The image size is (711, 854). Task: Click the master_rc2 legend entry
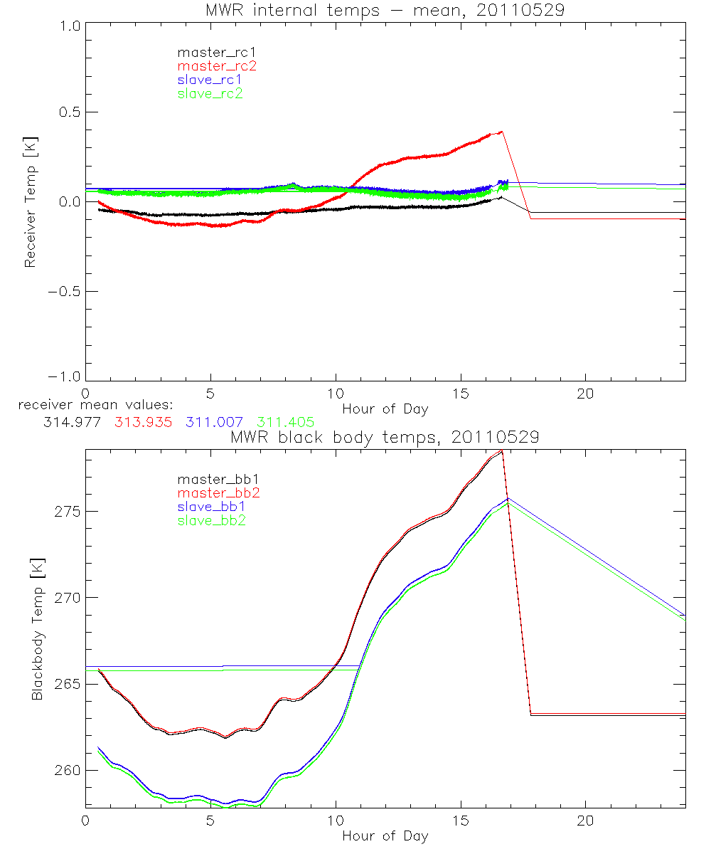coord(217,65)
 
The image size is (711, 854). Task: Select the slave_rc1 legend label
coord(210,79)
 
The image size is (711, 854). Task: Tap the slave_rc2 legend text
coord(210,93)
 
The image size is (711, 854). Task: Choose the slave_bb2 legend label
coord(213,521)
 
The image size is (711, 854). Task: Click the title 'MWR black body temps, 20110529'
coord(385,437)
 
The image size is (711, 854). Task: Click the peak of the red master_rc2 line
coord(502,132)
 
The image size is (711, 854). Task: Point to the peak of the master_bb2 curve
coord(502,450)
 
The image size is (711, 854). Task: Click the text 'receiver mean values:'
coord(90,406)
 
